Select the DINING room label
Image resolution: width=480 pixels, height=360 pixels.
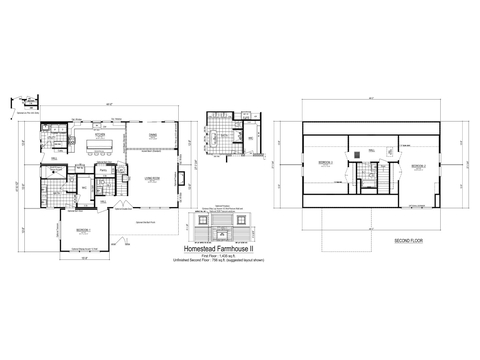[154, 135]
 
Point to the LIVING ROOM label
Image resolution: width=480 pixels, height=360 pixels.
[154, 178]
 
